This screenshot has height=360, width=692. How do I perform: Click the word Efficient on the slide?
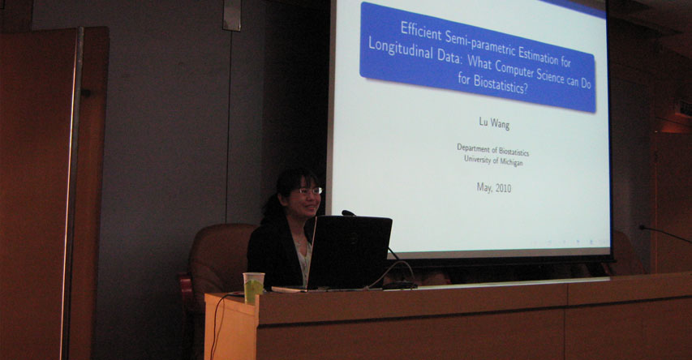[421, 31]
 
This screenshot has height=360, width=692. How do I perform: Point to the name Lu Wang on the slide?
[494, 123]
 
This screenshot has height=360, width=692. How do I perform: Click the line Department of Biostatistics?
[492, 149]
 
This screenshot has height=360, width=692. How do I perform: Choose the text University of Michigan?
[493, 161]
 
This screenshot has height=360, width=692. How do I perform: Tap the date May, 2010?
[494, 188]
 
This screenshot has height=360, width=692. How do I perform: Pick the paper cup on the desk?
[254, 287]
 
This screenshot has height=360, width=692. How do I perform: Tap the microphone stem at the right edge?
[665, 234]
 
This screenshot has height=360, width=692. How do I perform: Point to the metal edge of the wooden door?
[71, 194]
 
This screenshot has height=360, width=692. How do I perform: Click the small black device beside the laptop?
[399, 285]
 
